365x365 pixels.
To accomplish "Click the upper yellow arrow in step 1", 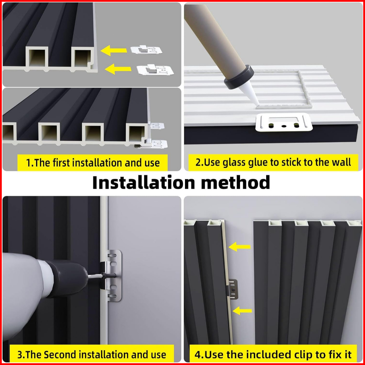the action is [x=113, y=50].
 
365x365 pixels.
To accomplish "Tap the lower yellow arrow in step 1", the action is [x=118, y=69].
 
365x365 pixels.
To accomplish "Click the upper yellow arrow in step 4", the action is [x=240, y=246].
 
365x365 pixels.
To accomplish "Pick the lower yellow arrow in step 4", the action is [x=242, y=311].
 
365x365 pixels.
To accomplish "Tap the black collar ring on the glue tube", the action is [x=239, y=77].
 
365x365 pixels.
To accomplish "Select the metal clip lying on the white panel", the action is [x=284, y=122].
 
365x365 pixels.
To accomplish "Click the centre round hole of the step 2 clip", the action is [x=283, y=126].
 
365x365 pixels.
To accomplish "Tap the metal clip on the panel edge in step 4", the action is [x=233, y=289].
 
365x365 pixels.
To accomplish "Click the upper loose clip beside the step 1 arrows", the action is [x=146, y=50].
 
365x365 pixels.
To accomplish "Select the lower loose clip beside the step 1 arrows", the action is [x=155, y=70].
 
